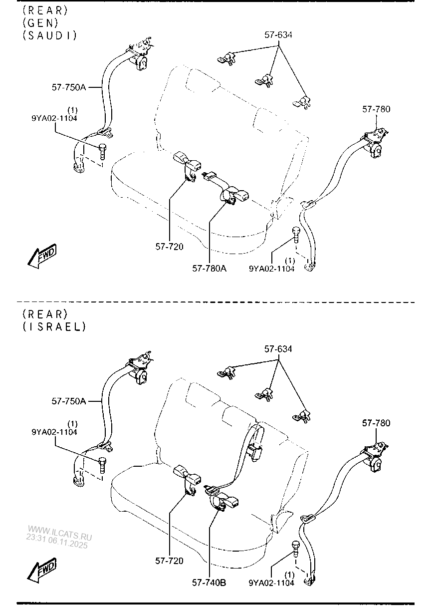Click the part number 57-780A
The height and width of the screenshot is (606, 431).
(210, 269)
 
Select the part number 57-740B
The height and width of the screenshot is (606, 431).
(209, 582)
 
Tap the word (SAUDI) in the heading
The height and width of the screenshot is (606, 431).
(49, 35)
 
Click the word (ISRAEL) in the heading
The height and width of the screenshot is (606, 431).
(54, 326)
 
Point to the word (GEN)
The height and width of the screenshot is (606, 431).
(40, 22)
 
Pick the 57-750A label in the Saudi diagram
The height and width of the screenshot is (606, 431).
(69, 87)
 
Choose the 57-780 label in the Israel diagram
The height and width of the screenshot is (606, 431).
(376, 423)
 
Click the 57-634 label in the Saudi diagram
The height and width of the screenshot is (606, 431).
(278, 35)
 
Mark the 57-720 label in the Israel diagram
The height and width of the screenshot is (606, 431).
(169, 561)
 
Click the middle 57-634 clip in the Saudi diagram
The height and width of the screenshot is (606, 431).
(264, 79)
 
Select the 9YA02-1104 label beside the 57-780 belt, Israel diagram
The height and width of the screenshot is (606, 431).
(271, 582)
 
